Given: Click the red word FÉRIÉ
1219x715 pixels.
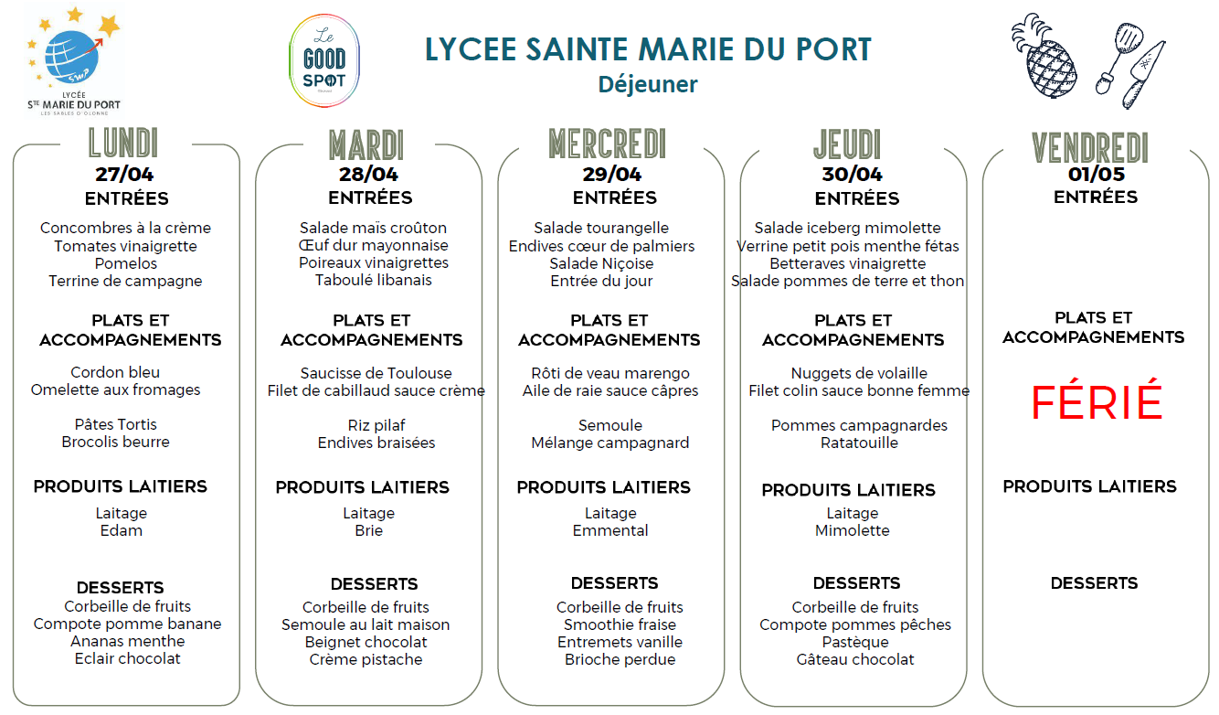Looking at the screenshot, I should coord(1097,402).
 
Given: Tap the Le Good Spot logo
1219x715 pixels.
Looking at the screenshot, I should coord(323,60).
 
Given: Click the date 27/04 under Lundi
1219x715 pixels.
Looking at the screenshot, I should coord(126,174).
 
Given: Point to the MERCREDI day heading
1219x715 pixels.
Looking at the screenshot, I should coord(608,144).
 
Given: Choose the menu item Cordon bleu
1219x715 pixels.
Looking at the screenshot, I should coord(115,372).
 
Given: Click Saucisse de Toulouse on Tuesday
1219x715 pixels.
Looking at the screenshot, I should coord(376,373).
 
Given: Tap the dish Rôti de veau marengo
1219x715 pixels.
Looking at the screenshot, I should coord(610,373).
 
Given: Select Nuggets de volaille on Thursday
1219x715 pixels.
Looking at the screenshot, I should coord(859,373).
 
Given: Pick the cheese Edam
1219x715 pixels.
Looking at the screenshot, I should coord(122,530).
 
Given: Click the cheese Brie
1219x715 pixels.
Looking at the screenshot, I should coord(369,530).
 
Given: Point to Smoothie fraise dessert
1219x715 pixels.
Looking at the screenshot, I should coord(620,624).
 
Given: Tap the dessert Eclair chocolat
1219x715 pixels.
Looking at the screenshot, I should coord(128,658).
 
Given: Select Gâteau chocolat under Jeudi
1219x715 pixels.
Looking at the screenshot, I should coord(855,659).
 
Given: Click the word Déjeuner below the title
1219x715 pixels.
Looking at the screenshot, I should coord(648,84).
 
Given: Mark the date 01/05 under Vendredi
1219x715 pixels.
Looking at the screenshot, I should coord(1097,174).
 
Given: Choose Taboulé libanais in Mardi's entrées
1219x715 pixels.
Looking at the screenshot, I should coord(374,280).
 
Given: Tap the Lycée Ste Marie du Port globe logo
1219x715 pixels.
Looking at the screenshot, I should coord(73,55).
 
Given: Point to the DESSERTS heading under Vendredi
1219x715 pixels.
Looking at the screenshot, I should coord(1094,583).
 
